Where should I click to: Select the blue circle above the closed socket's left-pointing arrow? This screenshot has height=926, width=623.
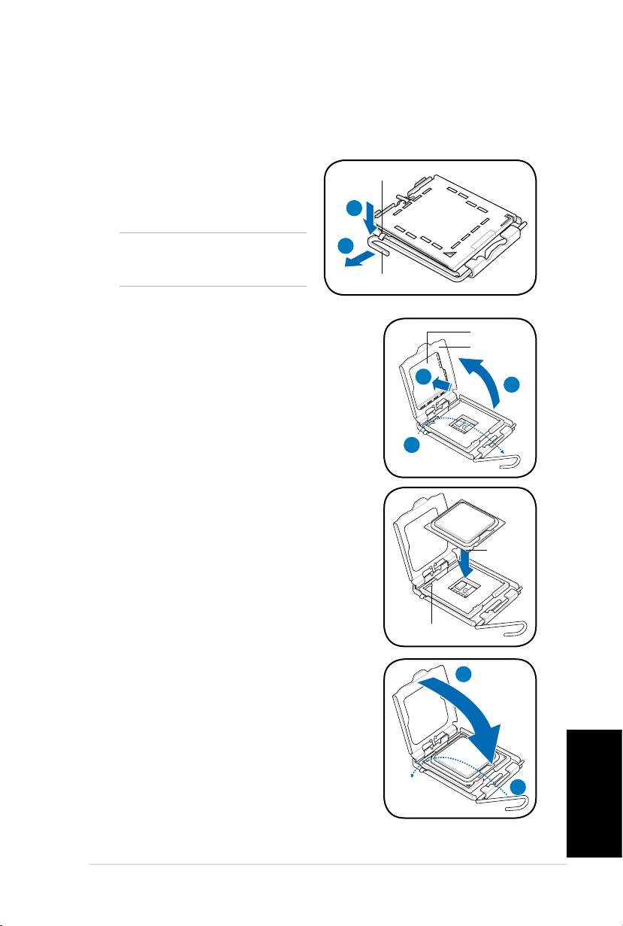[x=345, y=246]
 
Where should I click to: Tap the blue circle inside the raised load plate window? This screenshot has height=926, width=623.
[x=425, y=378]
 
